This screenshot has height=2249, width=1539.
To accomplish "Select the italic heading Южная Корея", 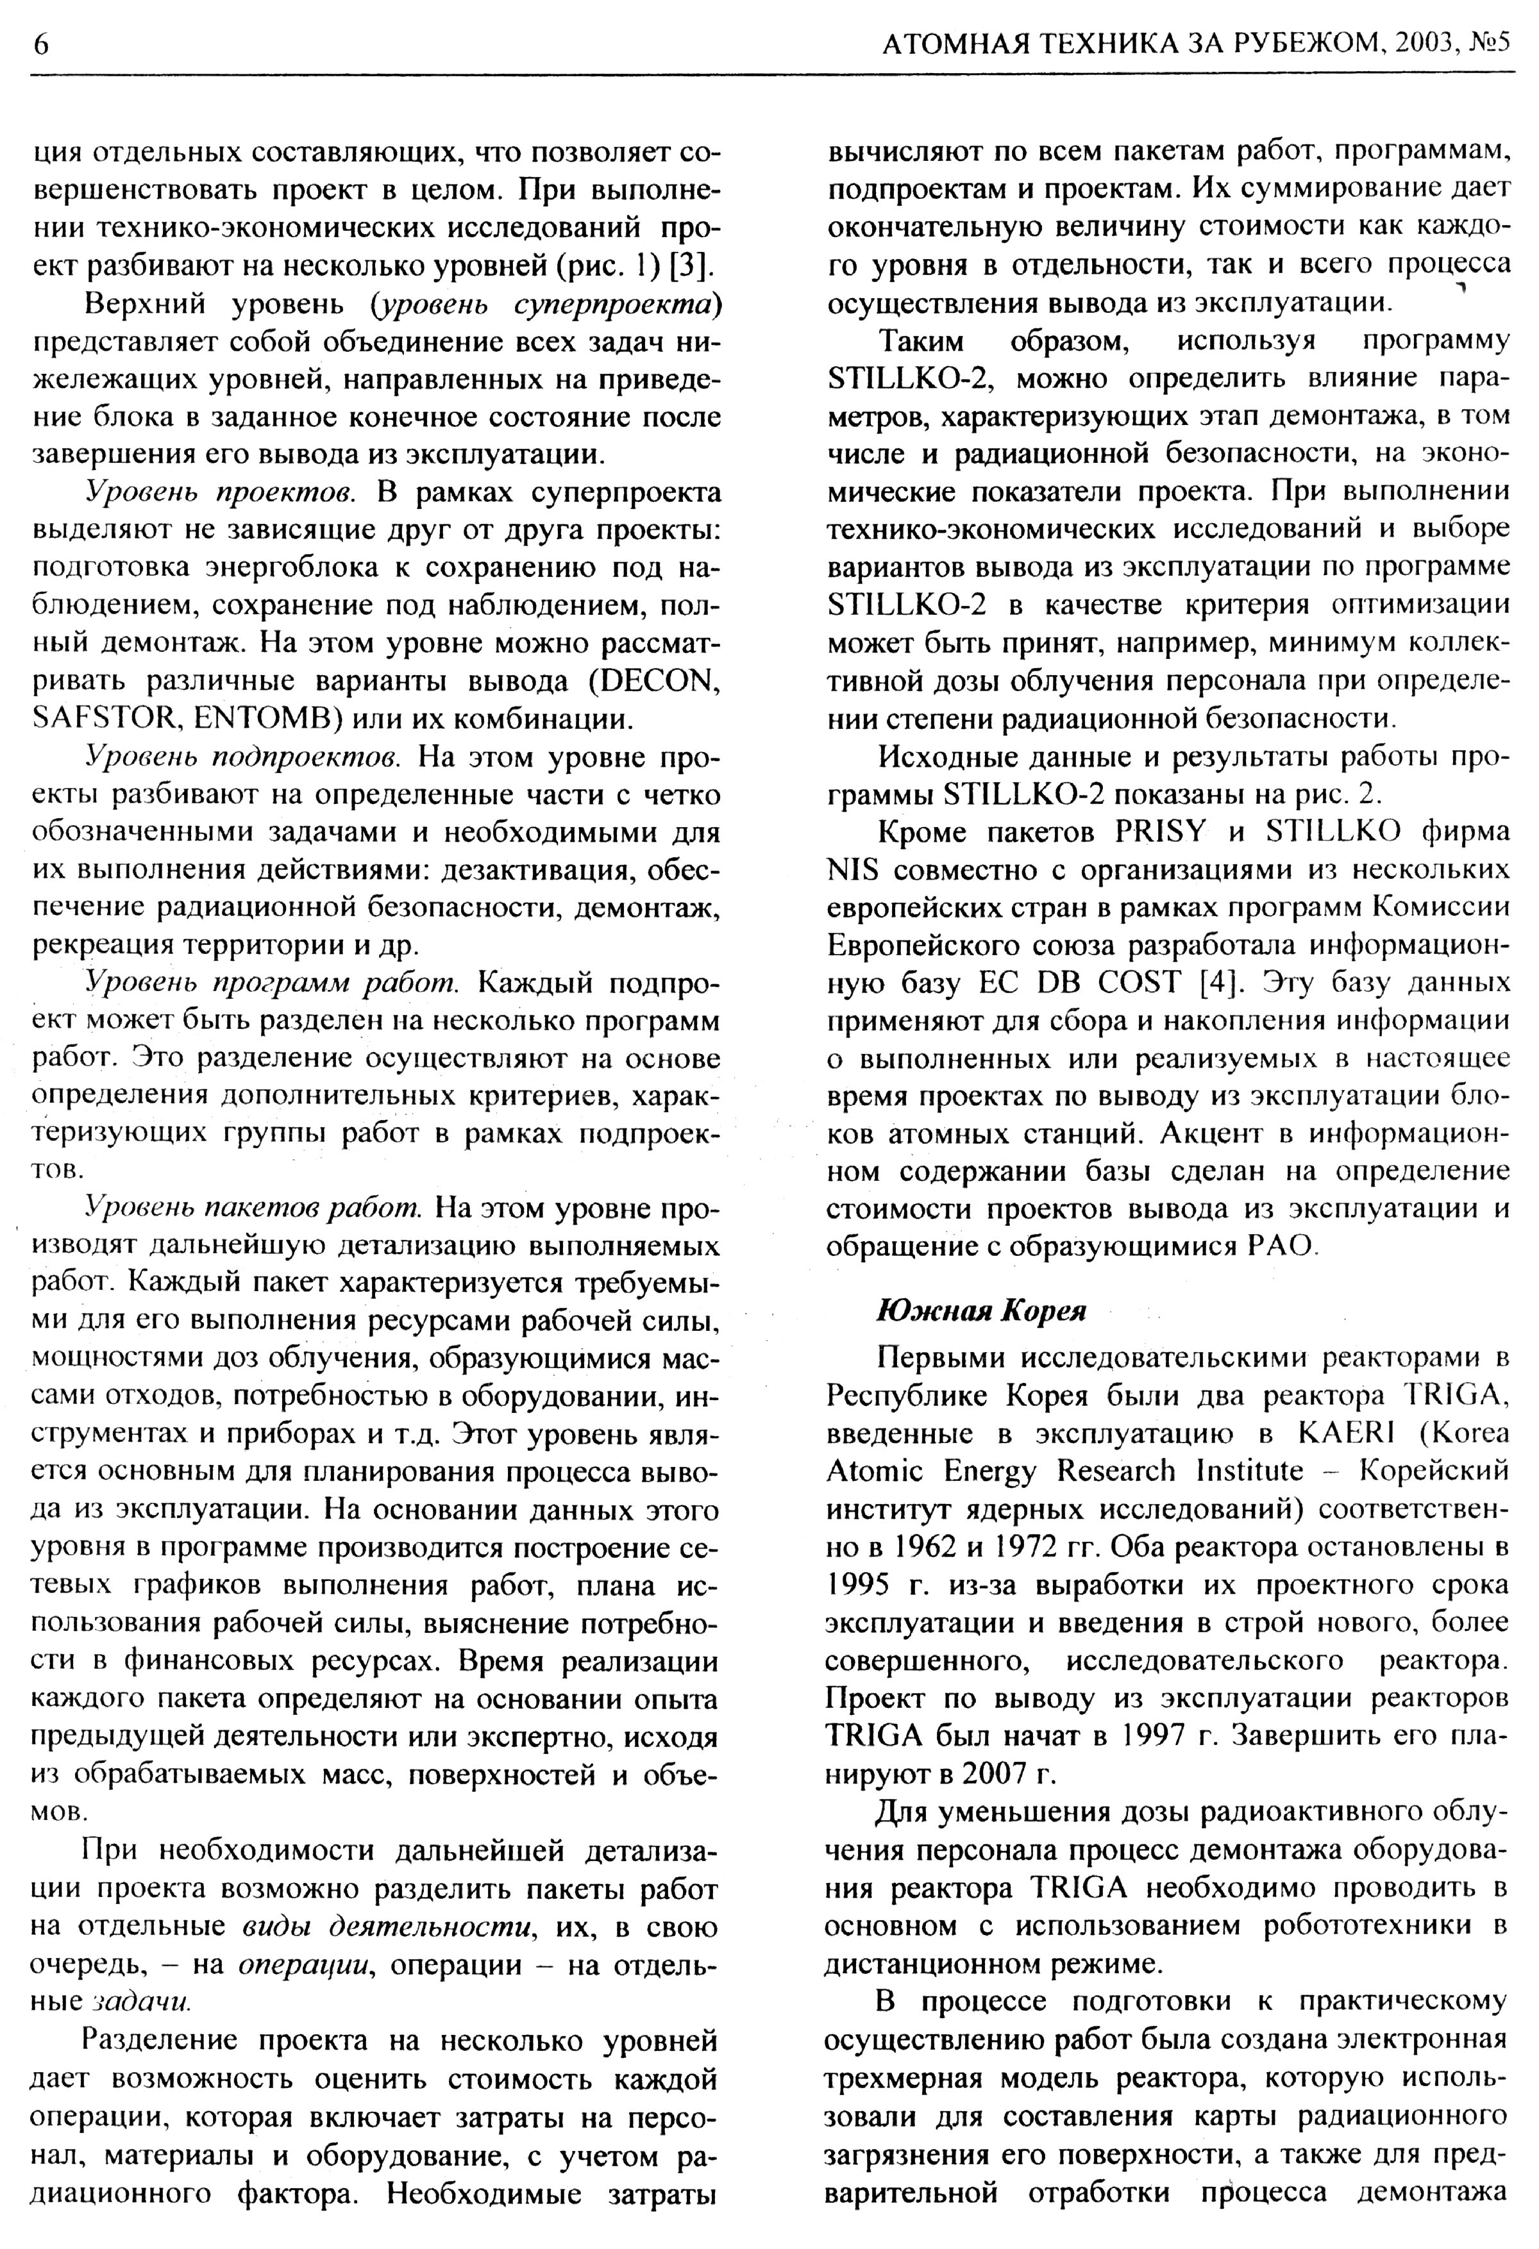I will [x=980, y=1310].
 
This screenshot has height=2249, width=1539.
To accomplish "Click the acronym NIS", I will [x=853, y=869].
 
